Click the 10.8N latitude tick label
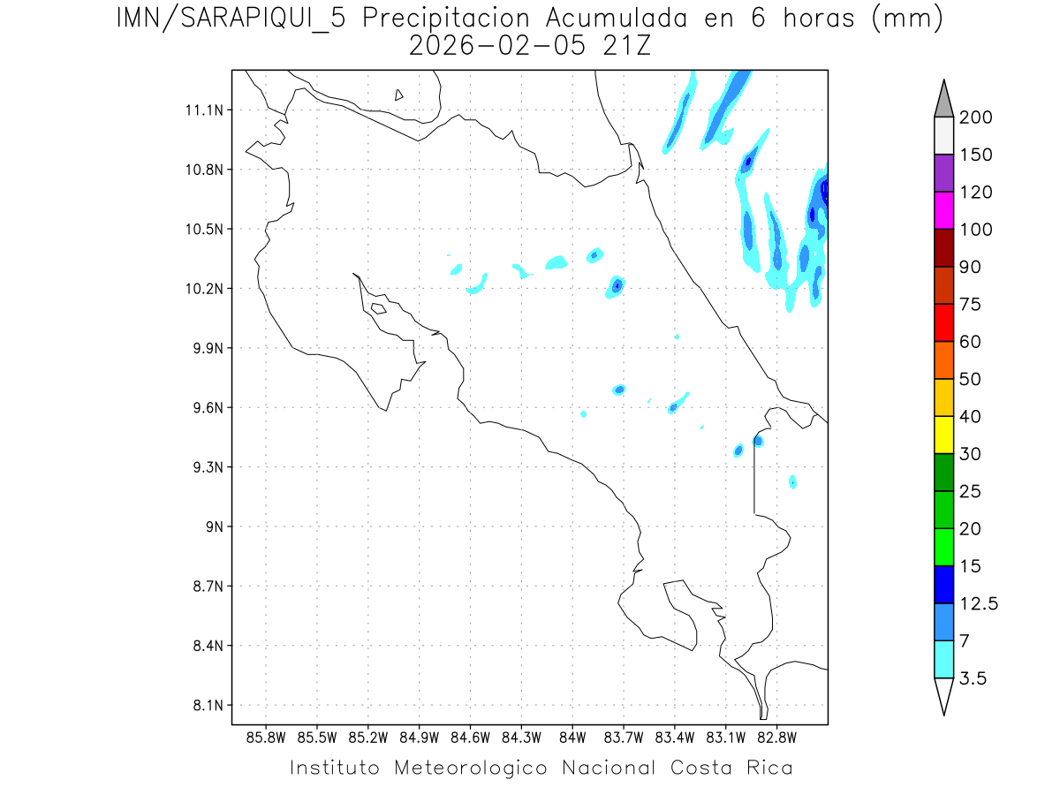click(x=202, y=170)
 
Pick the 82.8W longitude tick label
click(x=776, y=738)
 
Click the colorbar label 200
click(x=975, y=117)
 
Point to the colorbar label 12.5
click(x=980, y=603)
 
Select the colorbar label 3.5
click(x=973, y=678)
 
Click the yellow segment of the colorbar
click(x=943, y=435)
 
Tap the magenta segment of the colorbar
click(x=943, y=210)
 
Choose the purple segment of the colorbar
click(x=943, y=173)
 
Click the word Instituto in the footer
click(x=335, y=768)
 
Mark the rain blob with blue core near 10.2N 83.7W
click(x=617, y=284)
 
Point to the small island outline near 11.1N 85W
click(x=399, y=95)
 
